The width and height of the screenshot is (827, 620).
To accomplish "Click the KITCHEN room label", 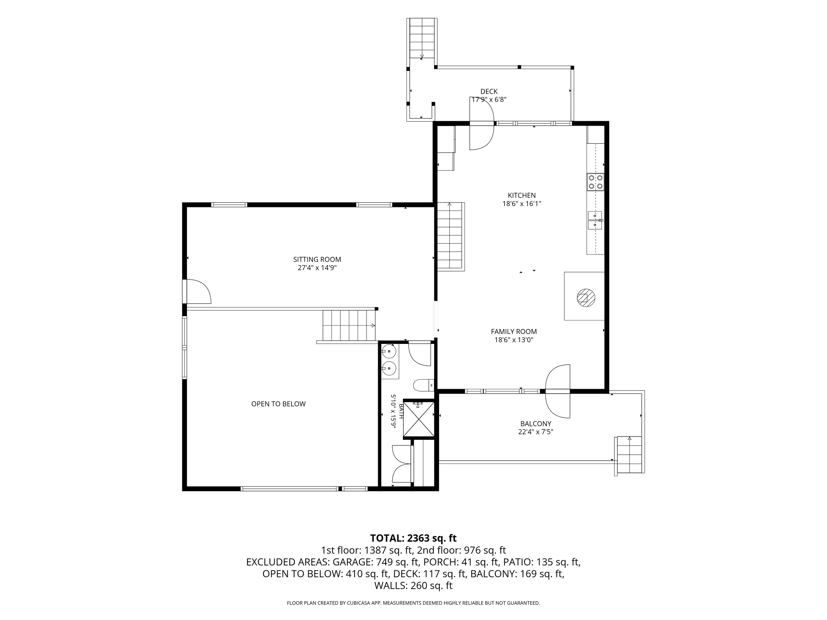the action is point(522,195).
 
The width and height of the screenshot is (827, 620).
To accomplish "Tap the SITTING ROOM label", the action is point(317,259).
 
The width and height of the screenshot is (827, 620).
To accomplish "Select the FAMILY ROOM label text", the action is point(514,331).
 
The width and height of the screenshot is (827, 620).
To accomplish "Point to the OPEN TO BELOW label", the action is point(278,404).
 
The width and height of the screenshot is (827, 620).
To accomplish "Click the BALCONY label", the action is point(536,424).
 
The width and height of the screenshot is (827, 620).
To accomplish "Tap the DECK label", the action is point(489,92).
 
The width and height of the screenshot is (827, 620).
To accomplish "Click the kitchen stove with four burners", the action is point(595,183).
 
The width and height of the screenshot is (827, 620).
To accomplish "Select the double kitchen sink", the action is point(595,220).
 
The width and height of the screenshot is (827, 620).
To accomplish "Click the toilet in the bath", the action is point(424,385).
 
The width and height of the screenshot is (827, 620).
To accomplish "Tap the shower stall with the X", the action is point(419,419).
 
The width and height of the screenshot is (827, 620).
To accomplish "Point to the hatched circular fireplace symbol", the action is point(586,298).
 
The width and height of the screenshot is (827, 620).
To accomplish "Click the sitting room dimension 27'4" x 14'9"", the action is point(317,268).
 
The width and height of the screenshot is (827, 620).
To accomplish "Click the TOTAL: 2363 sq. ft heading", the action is point(413,538).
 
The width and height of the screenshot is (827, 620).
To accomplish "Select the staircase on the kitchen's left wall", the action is point(450,236).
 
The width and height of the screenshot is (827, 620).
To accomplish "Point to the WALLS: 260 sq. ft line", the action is point(413,586).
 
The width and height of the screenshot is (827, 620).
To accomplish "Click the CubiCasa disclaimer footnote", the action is point(413,603).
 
